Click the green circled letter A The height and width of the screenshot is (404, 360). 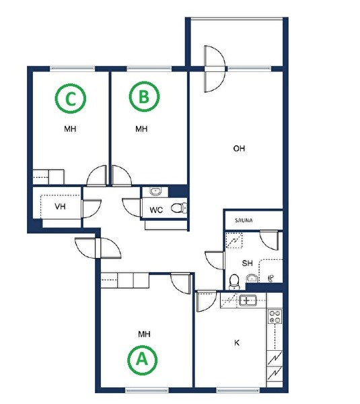143,360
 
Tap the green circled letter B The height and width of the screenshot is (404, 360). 144,96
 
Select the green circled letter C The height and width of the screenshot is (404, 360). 70,98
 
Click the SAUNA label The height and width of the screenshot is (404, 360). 244,221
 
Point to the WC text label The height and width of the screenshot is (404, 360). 156,210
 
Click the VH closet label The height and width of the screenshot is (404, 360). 60,207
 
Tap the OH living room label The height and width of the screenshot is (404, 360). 239,148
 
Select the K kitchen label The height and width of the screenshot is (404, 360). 237,343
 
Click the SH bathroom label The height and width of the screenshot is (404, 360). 247,263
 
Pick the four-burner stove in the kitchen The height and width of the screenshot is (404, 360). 275,316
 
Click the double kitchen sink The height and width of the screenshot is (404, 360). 248,300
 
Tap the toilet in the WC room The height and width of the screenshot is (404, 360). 179,208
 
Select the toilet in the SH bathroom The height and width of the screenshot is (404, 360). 234,281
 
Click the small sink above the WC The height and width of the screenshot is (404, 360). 155,192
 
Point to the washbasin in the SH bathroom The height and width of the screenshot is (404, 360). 252,279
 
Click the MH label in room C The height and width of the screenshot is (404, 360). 70,129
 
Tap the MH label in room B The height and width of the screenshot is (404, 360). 141,129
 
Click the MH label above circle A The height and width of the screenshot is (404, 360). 144,334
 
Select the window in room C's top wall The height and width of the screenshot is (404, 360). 72,69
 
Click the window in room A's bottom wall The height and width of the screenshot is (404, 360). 147,391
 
